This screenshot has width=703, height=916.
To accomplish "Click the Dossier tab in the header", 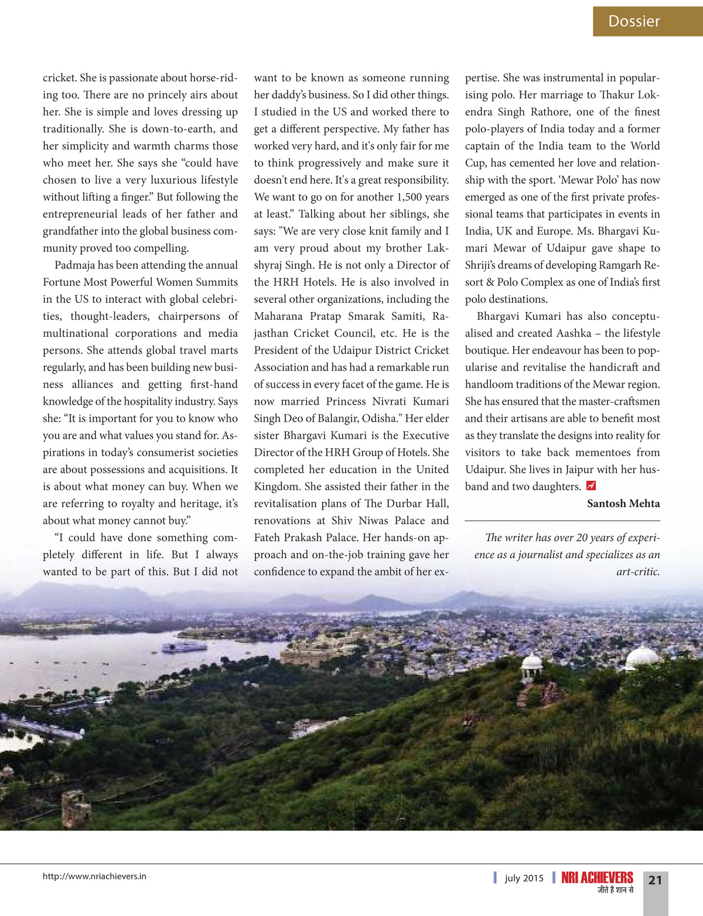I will (634, 22).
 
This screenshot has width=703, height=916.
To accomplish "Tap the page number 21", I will (655, 880).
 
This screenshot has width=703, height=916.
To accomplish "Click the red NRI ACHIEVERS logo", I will (597, 877).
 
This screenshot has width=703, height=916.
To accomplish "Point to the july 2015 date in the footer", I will (524, 878).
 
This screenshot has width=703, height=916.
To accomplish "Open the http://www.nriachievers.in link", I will (94, 876).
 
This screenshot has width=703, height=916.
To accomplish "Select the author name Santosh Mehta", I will (623, 504).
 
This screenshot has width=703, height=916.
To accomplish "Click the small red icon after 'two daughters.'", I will (591, 486).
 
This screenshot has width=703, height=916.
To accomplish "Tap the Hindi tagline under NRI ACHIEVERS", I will (615, 890).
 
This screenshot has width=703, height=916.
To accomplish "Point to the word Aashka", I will (574, 333).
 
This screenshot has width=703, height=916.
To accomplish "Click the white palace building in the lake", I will (185, 647).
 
